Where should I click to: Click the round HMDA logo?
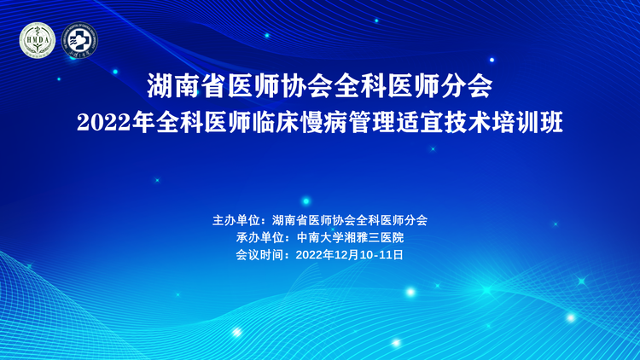click(38, 39)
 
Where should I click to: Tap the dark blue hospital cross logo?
click(79, 40)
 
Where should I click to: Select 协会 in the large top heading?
click(306, 86)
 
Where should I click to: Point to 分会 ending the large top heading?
click(467, 86)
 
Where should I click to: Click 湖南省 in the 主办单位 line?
click(290, 220)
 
